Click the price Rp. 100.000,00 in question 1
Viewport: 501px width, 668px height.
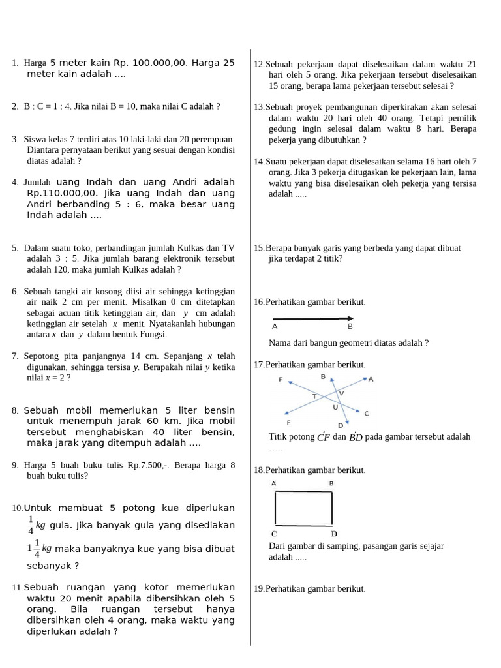150,63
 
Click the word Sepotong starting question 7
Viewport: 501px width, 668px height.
42,356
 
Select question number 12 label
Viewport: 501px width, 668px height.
259,64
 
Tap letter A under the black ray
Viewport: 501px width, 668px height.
275,326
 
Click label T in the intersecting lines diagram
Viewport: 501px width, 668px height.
314,396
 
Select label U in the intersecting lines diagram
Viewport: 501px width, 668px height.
335,407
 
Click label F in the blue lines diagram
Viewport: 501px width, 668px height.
281,380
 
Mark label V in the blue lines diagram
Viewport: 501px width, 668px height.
341,393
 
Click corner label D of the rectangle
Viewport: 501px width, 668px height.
333,534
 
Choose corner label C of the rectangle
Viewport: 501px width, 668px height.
275,534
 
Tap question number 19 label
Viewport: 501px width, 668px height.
259,588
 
